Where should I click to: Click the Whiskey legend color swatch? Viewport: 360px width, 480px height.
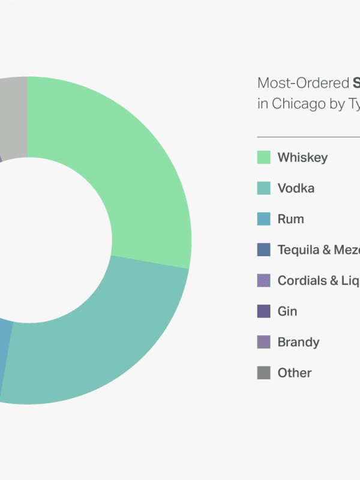pos(263,157)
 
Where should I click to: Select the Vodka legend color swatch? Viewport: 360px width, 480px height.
pos(263,188)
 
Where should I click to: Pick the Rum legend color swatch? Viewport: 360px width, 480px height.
pos(263,219)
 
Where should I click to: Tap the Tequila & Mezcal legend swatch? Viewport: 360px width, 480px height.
pos(263,250)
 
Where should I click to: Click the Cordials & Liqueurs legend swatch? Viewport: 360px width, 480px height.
pos(263,280)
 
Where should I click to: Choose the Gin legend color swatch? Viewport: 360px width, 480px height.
pos(263,311)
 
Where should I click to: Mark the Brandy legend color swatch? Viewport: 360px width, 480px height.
pos(263,342)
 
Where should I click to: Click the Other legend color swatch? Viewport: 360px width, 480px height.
pos(263,373)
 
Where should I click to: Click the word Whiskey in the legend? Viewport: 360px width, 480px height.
pos(302,158)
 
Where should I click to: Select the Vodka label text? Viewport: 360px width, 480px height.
pos(296,188)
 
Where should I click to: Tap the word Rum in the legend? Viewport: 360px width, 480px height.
pos(290,219)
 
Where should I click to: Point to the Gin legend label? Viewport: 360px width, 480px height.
pos(287,311)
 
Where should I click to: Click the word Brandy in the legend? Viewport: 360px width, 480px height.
pos(298,342)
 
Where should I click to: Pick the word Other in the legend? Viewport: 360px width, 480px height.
pos(295,373)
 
